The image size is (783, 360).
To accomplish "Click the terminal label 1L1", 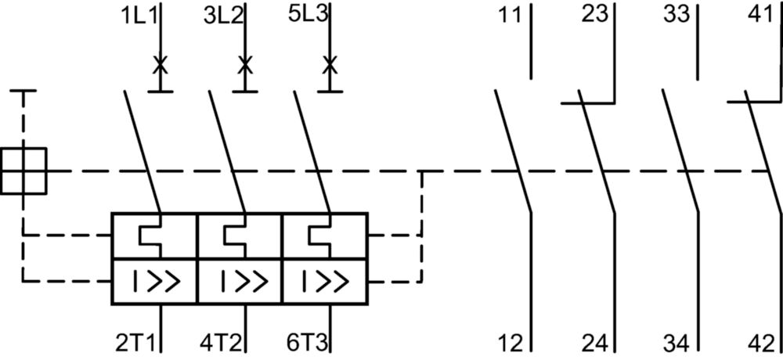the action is click(x=139, y=16).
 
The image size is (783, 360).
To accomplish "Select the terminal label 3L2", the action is click(x=223, y=16).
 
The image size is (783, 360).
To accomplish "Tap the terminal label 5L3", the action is click(x=308, y=14).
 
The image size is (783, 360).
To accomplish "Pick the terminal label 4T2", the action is click(x=221, y=343).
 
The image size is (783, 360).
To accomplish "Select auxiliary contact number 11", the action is click(x=510, y=16).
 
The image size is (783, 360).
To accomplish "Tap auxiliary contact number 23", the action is click(x=595, y=14).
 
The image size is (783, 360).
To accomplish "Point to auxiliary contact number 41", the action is click(x=760, y=14).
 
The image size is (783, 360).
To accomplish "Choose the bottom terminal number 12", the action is click(x=511, y=343).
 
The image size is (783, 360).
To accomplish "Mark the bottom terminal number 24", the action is click(x=595, y=343).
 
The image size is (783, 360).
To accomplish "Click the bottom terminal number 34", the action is click(x=677, y=343).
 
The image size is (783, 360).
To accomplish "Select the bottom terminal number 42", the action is click(x=761, y=343).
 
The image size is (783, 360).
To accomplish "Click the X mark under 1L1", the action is click(x=160, y=65).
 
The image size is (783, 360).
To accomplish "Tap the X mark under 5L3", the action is click(x=329, y=65).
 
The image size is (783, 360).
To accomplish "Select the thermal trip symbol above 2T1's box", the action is click(x=150, y=235).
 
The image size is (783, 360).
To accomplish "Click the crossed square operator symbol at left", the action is click(x=23, y=171).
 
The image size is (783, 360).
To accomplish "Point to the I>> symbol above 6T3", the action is click(x=326, y=282).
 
